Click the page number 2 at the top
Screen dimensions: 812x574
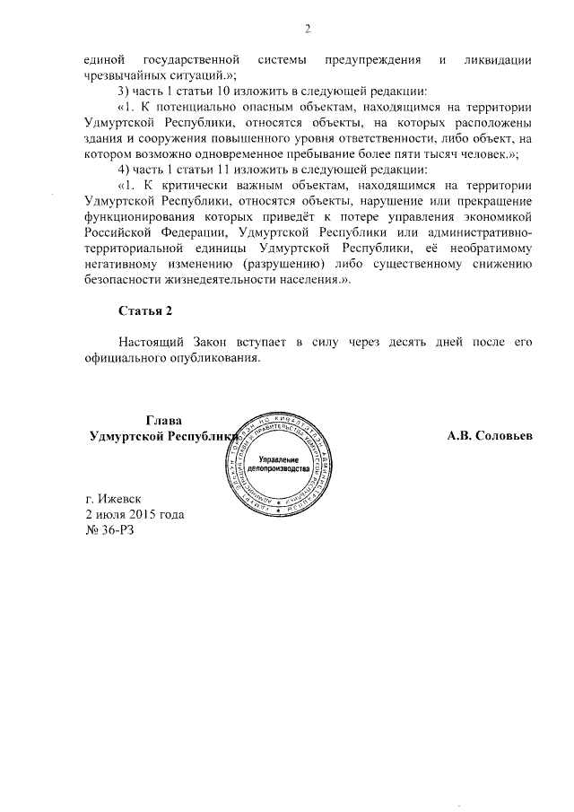click(x=307, y=28)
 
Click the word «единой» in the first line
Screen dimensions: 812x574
click(x=100, y=59)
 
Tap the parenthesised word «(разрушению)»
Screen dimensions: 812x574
click(x=283, y=264)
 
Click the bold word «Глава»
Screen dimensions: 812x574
click(x=163, y=420)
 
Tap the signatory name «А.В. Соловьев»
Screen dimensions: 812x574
click(x=491, y=435)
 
